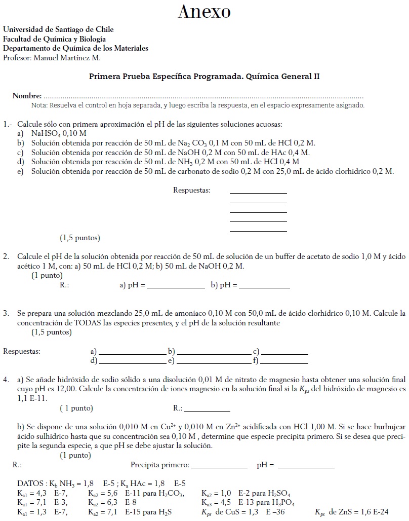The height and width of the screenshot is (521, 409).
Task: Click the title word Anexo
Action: point(204,12)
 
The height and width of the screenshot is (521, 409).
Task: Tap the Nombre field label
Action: point(27,96)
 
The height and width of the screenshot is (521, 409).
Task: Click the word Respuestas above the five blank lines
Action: point(191,191)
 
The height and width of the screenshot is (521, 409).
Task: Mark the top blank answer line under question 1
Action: point(258,193)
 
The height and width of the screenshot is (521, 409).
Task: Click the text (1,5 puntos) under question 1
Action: point(80,238)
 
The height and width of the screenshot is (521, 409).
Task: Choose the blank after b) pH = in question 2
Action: point(264,287)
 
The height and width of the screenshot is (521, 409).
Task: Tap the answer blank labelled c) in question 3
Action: point(284,353)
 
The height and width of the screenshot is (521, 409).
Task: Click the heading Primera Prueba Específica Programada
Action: point(163,77)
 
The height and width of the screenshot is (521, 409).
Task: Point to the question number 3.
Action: point(6,314)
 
